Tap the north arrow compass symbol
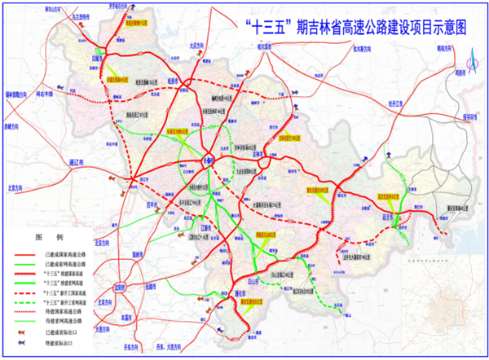tap(471, 60)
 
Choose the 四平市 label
tap(154, 204)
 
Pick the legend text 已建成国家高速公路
tap(70, 253)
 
